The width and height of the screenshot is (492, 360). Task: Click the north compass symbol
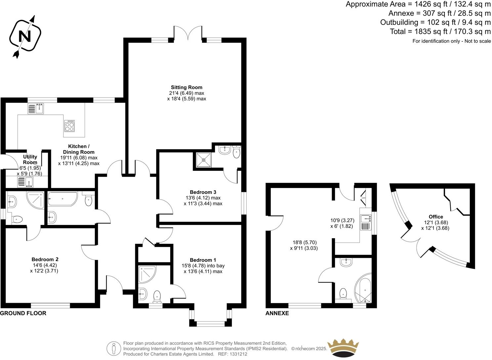[25, 36]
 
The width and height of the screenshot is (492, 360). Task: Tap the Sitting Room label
[186, 87]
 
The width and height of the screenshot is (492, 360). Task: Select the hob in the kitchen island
[69, 125]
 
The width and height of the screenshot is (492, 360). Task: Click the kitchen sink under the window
[36, 109]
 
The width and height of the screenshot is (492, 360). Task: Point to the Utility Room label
[30, 159]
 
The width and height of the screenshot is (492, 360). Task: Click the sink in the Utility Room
[25, 182]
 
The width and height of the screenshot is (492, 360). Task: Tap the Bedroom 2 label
[45, 259]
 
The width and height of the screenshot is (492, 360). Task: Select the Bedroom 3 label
[203, 192]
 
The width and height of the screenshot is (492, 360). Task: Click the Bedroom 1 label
[203, 260]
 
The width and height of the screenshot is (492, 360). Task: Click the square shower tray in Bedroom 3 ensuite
[202, 160]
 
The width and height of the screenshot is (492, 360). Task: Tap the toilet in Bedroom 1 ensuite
[157, 295]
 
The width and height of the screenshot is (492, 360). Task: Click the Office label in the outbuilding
[435, 217]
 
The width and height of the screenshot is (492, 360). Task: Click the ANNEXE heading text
[277, 313]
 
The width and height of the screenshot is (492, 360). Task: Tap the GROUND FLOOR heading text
[23, 313]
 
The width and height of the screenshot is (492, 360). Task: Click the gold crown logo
[345, 348]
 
